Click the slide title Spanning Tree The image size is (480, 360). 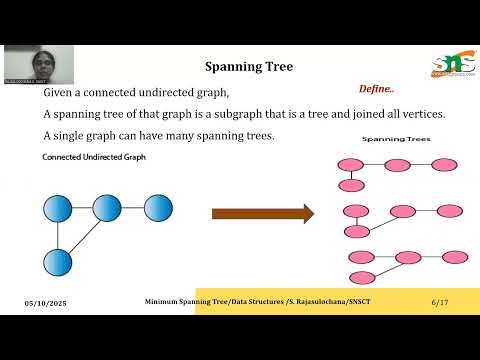[x=249, y=67]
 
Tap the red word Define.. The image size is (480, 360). [x=377, y=89]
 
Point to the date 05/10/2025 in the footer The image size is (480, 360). [x=46, y=302]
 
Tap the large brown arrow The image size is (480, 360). [x=262, y=213]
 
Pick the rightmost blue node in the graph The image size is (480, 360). [x=159, y=208]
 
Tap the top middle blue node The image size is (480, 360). [x=107, y=208]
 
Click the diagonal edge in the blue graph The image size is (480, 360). [x=83, y=235]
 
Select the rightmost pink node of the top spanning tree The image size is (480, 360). [x=444, y=165]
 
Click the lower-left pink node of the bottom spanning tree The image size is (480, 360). [x=359, y=277]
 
